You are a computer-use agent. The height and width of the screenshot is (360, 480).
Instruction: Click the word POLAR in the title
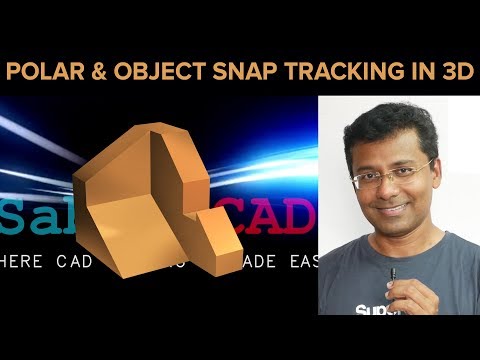coord(43,73)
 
